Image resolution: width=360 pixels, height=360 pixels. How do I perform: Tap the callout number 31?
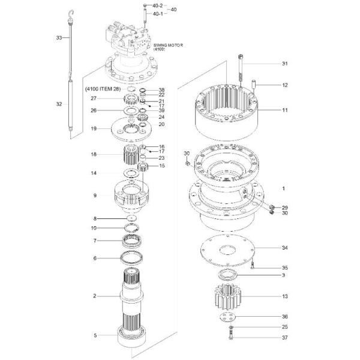285,64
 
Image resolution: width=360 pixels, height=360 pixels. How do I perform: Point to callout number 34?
285,247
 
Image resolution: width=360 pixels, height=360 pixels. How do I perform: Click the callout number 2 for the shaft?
94,296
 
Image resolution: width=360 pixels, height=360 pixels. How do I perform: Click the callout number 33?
59,38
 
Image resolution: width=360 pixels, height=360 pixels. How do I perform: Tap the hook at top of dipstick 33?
71,13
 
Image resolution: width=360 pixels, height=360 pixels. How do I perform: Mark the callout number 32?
59,104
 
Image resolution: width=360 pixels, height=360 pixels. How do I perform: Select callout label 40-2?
157,5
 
